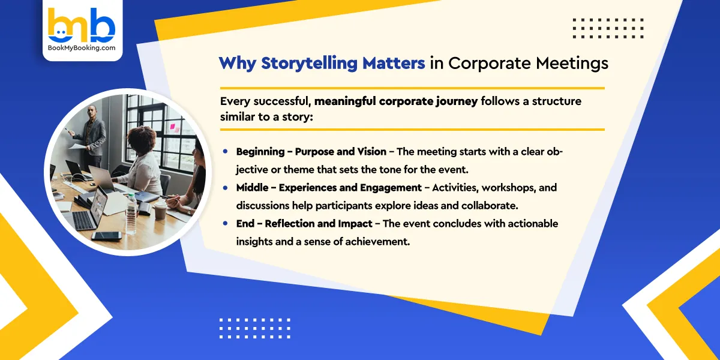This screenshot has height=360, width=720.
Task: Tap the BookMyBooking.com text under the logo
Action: point(82,47)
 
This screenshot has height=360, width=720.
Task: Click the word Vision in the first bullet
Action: point(370,152)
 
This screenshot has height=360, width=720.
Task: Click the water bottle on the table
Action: point(131,213)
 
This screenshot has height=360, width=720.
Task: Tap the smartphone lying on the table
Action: point(107,236)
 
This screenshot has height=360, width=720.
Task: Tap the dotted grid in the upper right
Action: point(608,28)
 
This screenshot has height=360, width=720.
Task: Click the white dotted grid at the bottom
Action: point(255,328)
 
